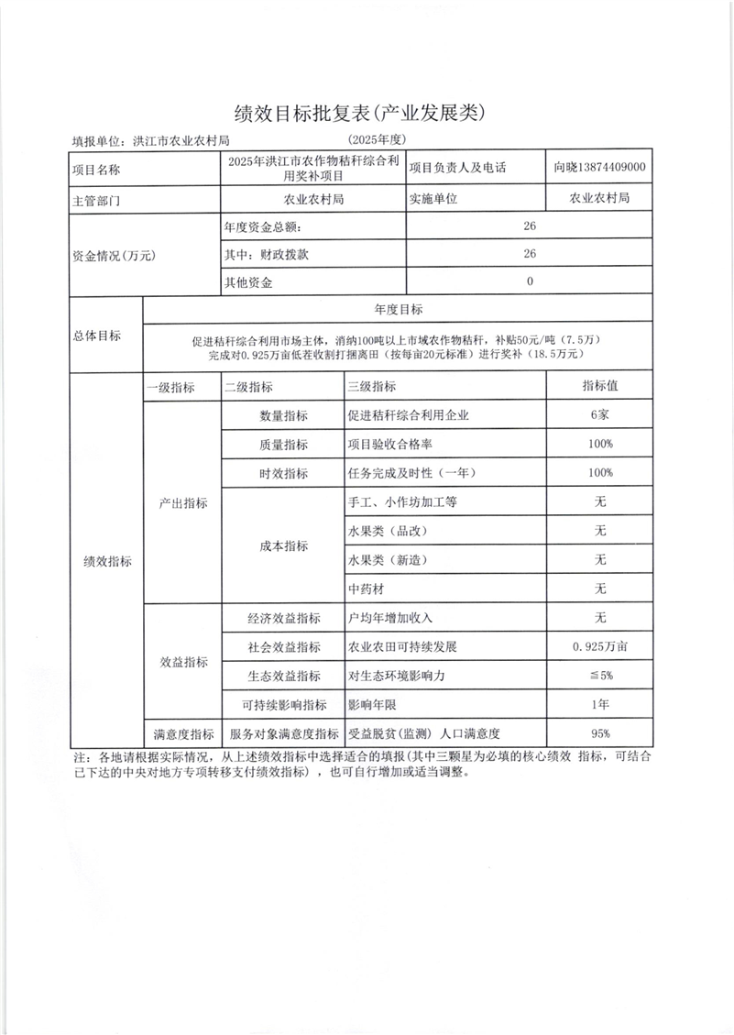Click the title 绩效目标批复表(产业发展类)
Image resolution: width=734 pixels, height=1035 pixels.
[x=358, y=113]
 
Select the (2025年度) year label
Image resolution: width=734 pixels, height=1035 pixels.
[x=377, y=139]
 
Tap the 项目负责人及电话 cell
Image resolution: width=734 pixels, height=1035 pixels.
[x=457, y=168]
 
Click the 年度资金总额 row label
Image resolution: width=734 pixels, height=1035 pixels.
[x=262, y=226]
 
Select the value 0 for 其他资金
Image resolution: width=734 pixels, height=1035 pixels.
[x=530, y=282]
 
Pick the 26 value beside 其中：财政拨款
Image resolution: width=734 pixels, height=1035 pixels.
[x=530, y=254]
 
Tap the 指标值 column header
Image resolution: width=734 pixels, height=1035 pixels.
[x=600, y=386]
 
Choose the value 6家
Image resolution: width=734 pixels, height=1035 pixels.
[x=600, y=414]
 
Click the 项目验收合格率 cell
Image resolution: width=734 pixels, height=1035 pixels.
[x=395, y=444]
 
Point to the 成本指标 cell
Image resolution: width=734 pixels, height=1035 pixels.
[x=284, y=545]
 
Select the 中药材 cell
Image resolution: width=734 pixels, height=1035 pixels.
[x=366, y=588]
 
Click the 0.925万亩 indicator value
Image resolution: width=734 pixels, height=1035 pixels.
[x=600, y=646]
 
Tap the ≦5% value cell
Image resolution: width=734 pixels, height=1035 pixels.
[x=600, y=676]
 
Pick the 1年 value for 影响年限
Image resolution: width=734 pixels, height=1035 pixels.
[x=600, y=704]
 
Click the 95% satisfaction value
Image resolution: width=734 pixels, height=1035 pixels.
[x=600, y=733]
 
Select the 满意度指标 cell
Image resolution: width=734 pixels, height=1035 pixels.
[x=182, y=733]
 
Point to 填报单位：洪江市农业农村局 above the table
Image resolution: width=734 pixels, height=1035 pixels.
[x=150, y=141]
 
